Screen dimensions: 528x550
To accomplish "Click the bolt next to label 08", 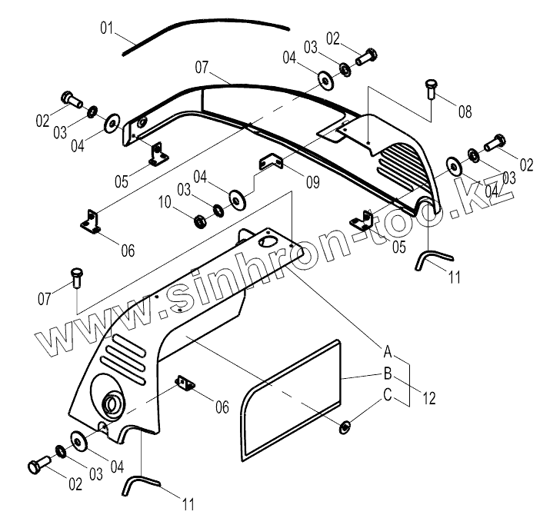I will click(x=431, y=90).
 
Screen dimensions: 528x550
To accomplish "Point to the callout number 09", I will click(x=312, y=183).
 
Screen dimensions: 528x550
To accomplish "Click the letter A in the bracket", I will click(x=389, y=353).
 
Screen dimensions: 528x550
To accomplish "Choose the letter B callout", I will click(x=389, y=374).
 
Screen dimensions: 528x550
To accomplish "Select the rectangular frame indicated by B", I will click(x=292, y=392).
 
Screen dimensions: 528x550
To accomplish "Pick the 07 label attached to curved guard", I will click(x=202, y=68).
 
